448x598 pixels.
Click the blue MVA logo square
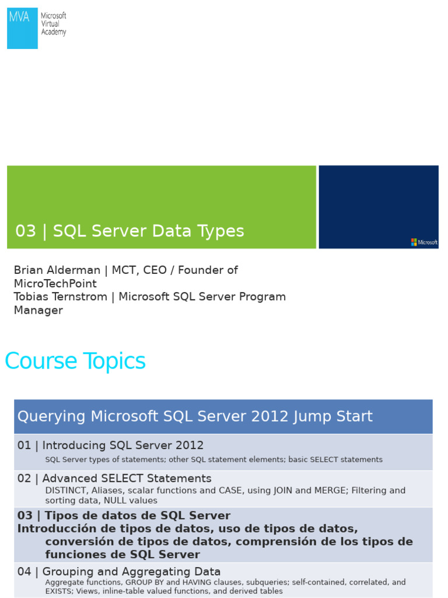tap(22, 28)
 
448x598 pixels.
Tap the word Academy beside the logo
tap(53, 33)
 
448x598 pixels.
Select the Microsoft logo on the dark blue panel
tap(424, 242)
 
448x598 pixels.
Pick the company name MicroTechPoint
tap(55, 284)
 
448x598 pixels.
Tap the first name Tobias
tap(33, 297)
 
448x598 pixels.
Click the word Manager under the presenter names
tap(38, 311)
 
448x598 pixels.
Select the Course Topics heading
tap(75, 361)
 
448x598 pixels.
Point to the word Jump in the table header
tap(311, 417)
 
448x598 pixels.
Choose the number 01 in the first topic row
tap(24, 446)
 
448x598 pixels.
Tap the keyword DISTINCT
tap(65, 491)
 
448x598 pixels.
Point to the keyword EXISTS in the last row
tap(59, 591)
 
